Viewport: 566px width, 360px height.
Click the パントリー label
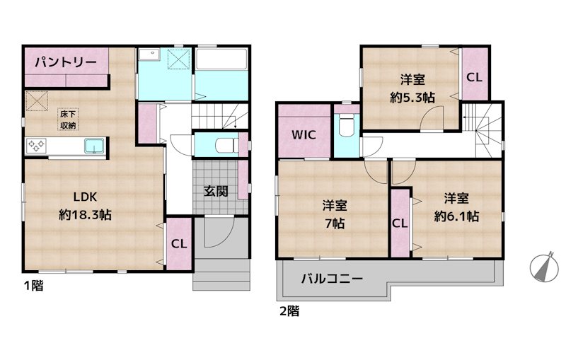point(67,62)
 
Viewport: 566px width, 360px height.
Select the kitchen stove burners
point(36,146)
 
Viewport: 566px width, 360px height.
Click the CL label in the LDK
point(178,245)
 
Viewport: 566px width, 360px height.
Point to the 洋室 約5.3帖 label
point(412,88)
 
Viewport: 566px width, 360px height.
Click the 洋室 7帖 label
point(335,214)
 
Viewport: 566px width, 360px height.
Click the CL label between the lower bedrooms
point(400,223)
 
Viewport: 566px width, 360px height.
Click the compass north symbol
point(544,267)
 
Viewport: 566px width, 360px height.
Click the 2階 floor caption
point(288,310)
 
